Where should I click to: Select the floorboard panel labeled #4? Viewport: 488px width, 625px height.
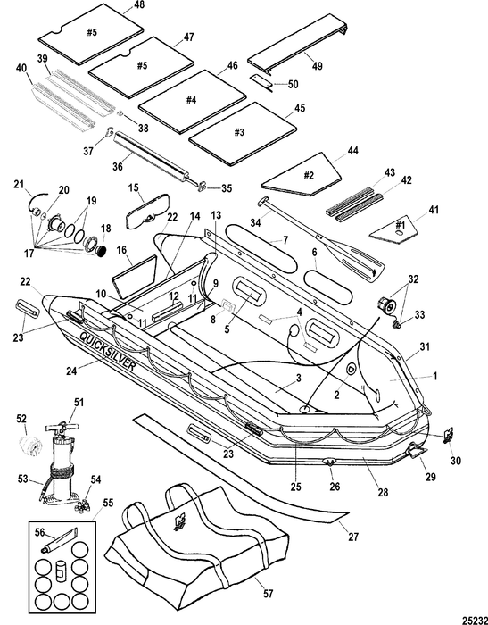click(x=193, y=101)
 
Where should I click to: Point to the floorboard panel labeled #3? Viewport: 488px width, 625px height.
click(x=243, y=134)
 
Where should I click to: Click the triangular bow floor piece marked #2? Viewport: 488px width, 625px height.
click(x=302, y=175)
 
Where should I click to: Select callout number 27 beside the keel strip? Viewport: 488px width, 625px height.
click(x=353, y=537)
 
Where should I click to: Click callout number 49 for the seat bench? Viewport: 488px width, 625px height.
click(x=317, y=66)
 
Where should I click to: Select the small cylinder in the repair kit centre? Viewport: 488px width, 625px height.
click(x=61, y=571)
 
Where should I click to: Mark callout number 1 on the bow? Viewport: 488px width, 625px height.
click(x=435, y=376)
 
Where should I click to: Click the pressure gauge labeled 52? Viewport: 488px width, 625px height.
click(x=30, y=445)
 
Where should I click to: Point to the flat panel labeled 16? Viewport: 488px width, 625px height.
click(x=134, y=277)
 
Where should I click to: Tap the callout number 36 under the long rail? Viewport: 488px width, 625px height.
click(x=118, y=166)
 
